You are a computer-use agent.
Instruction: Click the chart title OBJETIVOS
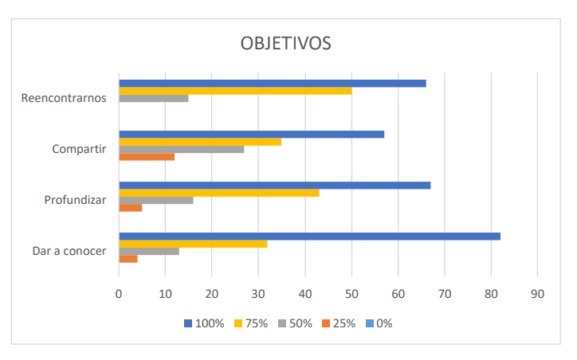click(285, 43)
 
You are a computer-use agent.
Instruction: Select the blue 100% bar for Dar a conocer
click(309, 236)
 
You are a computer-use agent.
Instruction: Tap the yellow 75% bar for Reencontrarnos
click(235, 91)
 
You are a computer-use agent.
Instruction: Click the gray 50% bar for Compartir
click(182, 149)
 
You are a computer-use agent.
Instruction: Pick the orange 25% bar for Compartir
click(147, 157)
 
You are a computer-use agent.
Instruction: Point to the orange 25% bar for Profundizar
click(131, 207)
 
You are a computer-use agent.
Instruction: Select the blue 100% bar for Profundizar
click(275, 186)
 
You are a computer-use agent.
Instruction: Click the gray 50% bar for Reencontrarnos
click(154, 98)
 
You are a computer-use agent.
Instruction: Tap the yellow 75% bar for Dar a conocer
click(193, 244)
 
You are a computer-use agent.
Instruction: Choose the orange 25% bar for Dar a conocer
click(128, 258)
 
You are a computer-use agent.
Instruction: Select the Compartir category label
click(79, 149)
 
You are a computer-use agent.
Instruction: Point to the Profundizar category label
click(76, 200)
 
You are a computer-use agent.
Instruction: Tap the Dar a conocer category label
click(69, 251)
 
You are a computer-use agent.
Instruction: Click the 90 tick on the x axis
click(537, 294)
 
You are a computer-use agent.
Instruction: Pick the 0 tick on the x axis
click(119, 294)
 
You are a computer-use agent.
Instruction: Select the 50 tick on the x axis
click(351, 294)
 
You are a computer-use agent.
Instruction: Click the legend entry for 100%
click(205, 323)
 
